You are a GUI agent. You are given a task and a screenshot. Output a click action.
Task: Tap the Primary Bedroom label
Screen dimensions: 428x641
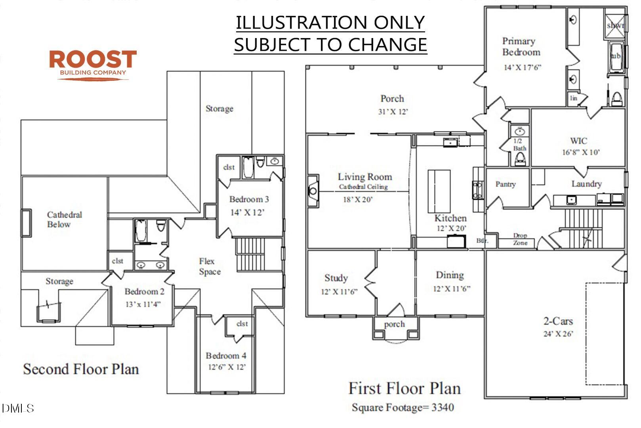tap(521, 46)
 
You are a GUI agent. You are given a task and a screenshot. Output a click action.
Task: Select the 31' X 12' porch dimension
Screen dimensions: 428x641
tap(393, 112)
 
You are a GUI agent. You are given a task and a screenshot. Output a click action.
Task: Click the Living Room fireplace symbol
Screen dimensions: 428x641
tap(313, 191)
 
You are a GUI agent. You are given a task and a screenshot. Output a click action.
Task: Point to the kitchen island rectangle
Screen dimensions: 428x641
tap(439, 191)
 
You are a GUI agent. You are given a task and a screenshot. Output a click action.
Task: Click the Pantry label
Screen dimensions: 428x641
tap(506, 184)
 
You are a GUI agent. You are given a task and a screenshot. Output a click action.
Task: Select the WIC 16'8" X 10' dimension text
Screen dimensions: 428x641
tap(581, 152)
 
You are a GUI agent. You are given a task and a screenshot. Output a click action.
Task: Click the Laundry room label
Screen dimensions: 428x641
tap(586, 183)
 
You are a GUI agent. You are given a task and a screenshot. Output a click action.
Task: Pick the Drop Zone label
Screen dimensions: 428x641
tap(520, 239)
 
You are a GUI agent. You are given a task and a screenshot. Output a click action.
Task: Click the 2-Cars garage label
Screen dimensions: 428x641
tap(558, 321)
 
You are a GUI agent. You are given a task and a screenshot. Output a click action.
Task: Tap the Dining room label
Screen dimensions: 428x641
tap(450, 275)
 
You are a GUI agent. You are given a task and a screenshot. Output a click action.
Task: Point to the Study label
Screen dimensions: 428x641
tap(336, 278)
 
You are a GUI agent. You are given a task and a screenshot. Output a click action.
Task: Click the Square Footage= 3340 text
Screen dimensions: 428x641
tap(403, 407)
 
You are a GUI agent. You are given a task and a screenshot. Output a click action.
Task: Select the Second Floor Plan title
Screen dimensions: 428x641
tap(81, 369)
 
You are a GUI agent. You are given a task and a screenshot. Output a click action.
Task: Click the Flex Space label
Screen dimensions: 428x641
tap(210, 266)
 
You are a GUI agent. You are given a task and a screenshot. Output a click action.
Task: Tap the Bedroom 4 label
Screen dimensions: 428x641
tap(226, 355)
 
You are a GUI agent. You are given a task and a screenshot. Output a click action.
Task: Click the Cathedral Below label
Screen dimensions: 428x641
tap(64, 220)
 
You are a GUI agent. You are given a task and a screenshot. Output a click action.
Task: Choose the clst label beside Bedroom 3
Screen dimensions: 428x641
tap(229, 167)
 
